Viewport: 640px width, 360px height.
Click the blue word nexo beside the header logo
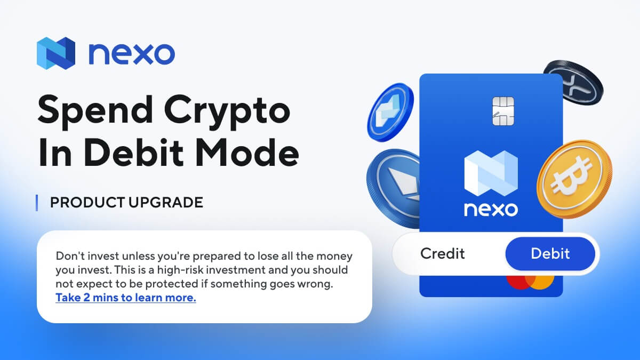point(131,53)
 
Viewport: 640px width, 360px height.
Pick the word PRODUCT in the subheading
point(80,203)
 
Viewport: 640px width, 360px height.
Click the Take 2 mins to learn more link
point(126,298)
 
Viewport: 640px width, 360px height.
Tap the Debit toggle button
point(550,253)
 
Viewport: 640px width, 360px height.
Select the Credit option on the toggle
point(443,253)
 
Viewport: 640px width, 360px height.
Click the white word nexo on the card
point(491,209)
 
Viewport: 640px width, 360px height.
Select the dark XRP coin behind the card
point(573,83)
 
